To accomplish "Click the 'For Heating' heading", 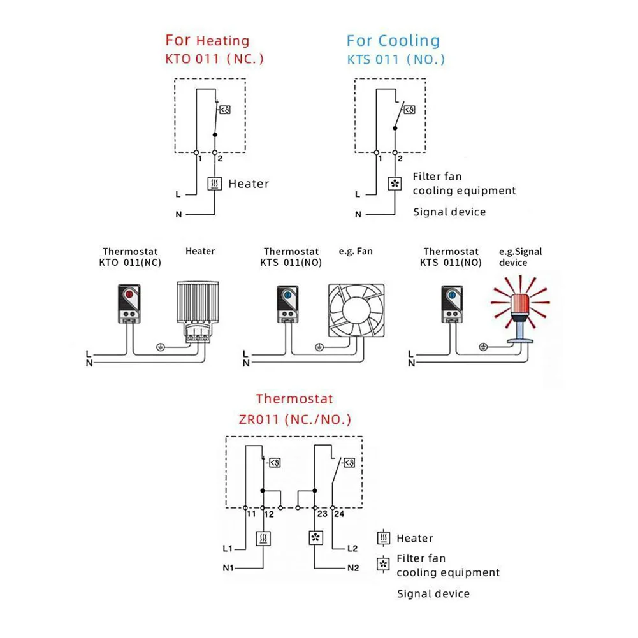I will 207,41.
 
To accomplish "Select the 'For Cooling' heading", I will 393,41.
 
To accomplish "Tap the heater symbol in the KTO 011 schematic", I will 215,184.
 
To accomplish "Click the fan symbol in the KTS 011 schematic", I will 395,184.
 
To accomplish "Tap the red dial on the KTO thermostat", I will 128,295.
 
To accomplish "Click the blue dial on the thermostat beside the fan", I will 287,295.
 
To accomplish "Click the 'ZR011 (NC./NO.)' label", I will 294,420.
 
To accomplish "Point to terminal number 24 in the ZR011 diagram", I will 338,514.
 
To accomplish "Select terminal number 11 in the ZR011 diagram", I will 251,514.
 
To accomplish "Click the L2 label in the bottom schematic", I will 352,548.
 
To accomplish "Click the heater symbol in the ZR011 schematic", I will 263,539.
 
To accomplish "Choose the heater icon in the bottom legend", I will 383,539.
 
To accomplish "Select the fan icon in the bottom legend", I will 383,564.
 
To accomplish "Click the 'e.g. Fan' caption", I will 356,251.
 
